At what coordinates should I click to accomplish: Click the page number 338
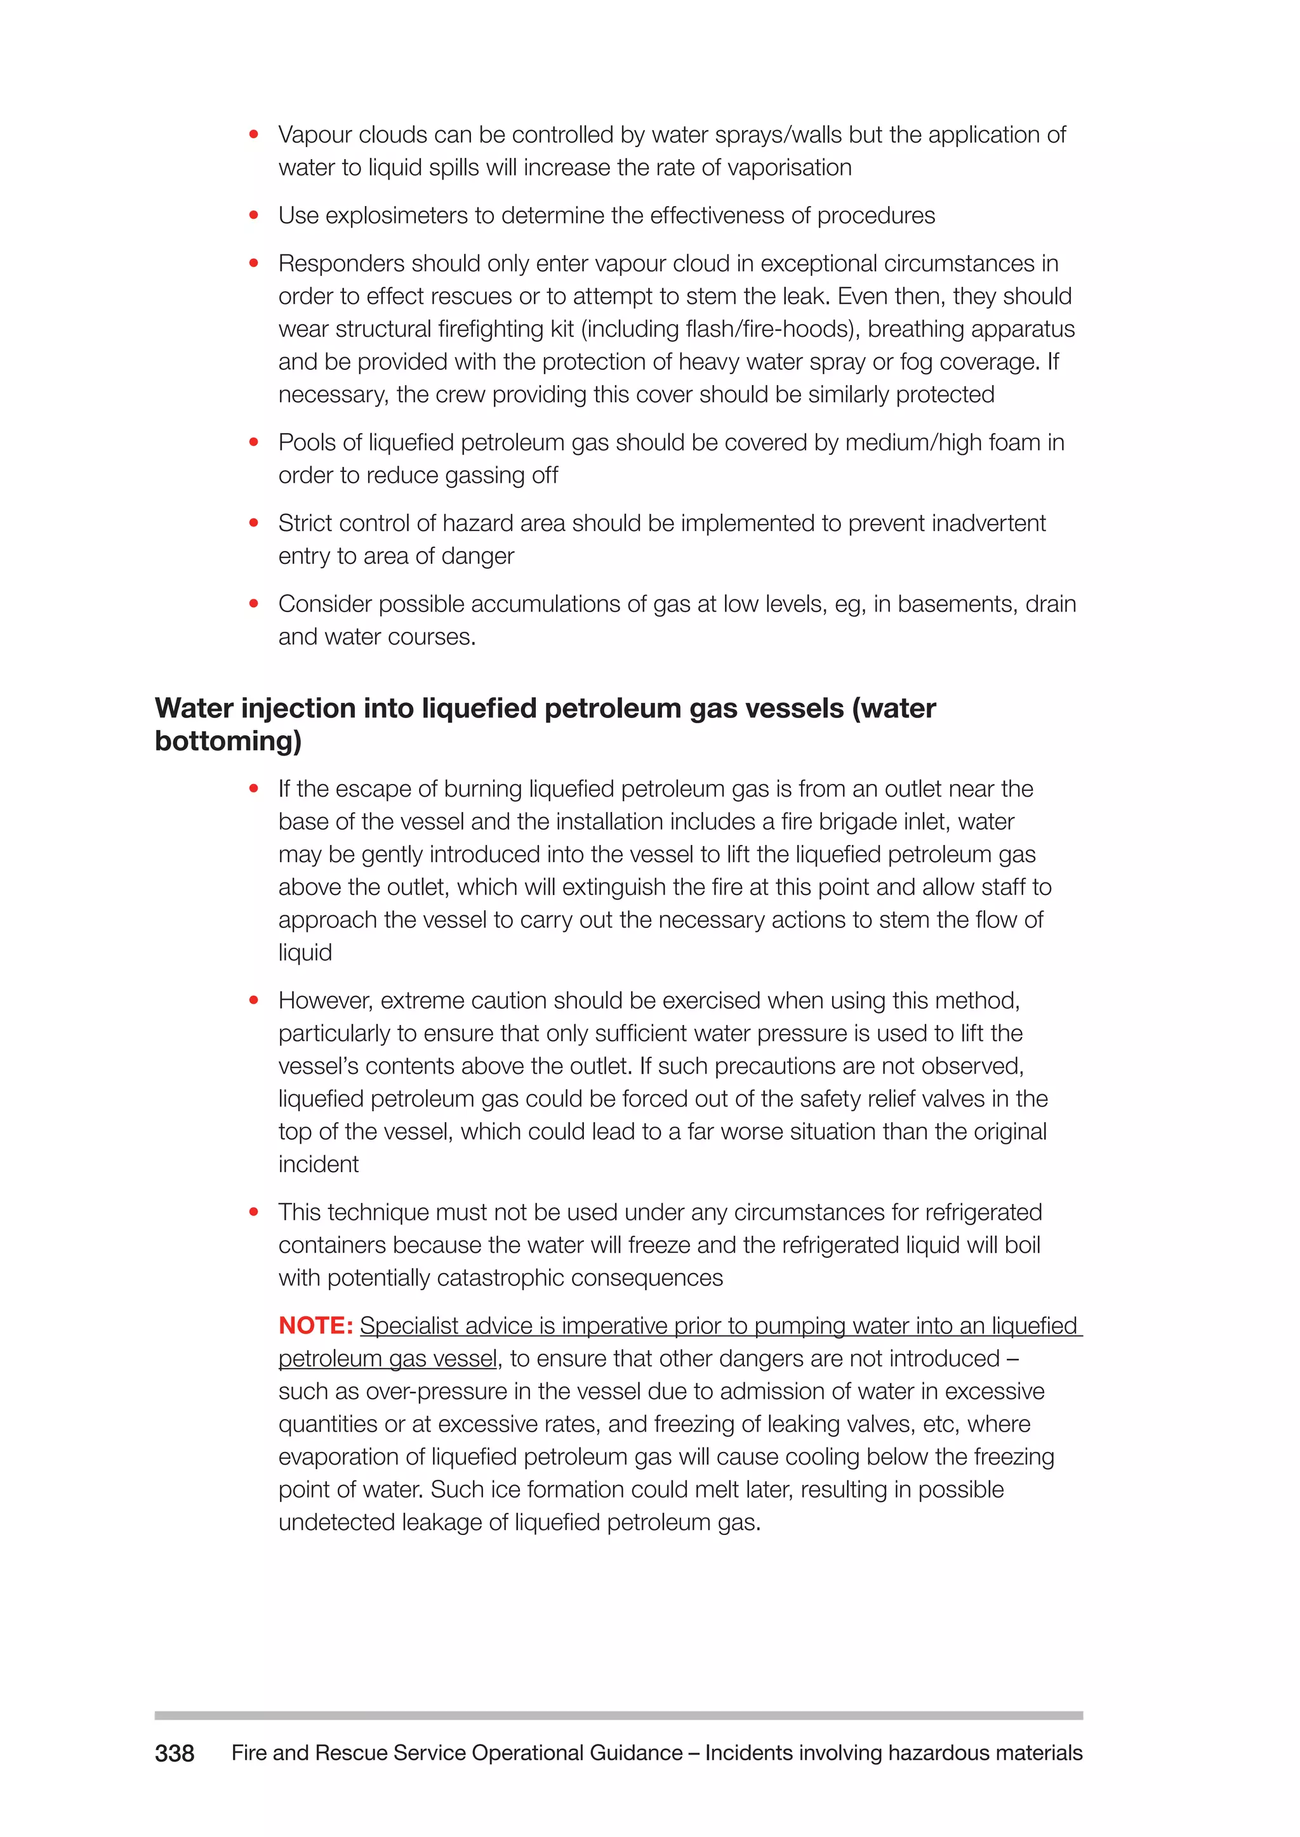pos(174,1754)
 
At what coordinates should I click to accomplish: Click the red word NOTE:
pos(315,1326)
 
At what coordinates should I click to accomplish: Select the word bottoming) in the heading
pos(228,741)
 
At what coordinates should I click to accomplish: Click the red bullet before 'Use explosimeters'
pos(254,215)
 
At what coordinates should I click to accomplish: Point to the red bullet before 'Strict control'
pos(254,523)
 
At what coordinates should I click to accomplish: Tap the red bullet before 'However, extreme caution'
pos(254,1000)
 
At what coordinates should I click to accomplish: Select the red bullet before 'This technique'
pos(254,1212)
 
